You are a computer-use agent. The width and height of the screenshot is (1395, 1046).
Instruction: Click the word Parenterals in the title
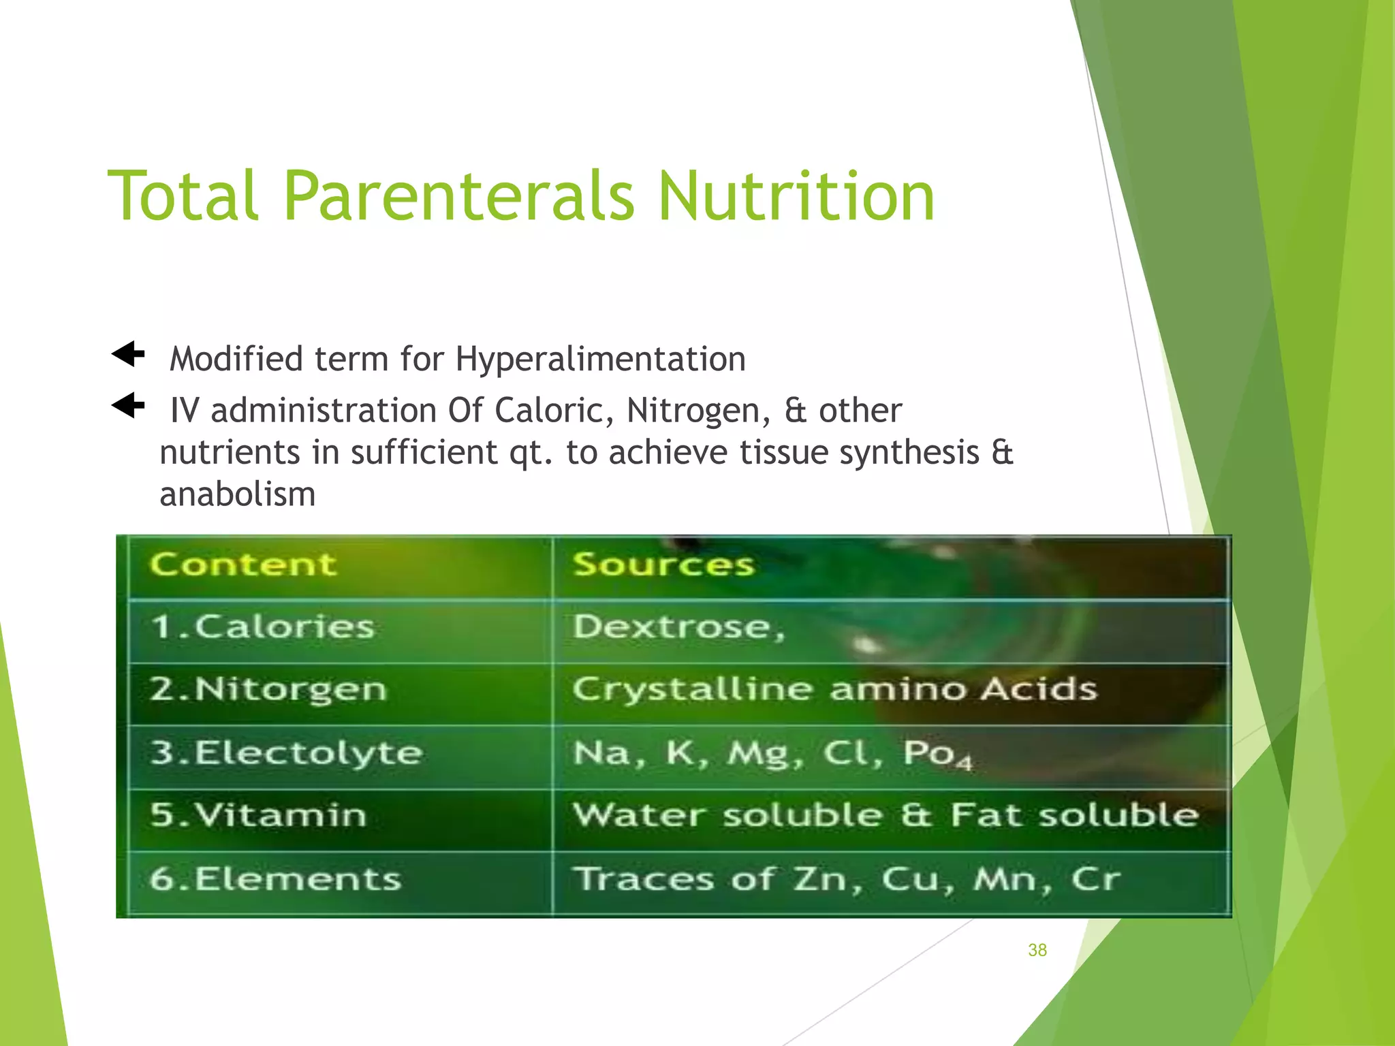458,197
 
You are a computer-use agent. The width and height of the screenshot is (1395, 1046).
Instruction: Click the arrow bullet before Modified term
129,354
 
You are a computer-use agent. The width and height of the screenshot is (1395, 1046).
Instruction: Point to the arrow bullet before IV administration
129,406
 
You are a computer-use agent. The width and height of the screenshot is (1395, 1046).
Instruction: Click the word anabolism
238,494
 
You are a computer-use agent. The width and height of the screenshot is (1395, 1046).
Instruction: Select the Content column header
243,565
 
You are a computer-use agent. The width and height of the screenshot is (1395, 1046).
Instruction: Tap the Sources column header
663,565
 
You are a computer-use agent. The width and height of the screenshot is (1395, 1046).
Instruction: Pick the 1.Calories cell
262,627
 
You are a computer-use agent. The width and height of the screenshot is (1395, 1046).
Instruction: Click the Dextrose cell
678,627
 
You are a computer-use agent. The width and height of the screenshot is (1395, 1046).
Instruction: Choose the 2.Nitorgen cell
268,689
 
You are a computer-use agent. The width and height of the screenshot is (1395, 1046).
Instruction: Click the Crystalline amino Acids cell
834,689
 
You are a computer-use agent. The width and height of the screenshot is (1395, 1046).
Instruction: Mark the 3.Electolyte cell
286,753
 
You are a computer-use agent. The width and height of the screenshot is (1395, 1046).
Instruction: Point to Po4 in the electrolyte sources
937,755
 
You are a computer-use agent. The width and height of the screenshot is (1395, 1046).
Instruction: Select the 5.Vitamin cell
258,815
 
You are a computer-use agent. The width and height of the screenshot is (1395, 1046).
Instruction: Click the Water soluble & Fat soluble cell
885,815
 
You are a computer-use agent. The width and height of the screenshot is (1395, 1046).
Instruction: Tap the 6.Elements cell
275,878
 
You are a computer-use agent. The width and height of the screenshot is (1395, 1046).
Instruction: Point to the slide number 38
1037,950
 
